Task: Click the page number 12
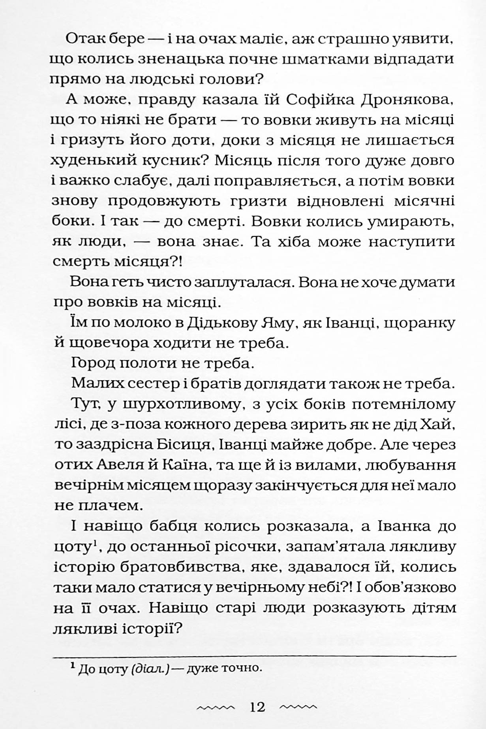coord(257,706)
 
